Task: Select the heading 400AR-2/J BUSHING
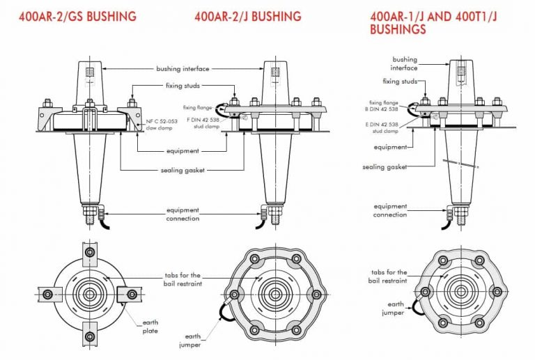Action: [248, 15]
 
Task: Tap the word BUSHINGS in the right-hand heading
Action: [398, 31]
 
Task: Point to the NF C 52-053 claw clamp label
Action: [162, 125]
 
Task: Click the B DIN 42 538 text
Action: [383, 109]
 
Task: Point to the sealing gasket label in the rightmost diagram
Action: [385, 167]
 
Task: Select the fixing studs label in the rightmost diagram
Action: [401, 81]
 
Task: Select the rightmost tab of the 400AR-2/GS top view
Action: [130, 295]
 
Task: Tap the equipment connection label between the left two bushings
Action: [182, 214]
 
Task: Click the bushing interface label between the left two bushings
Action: [182, 69]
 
